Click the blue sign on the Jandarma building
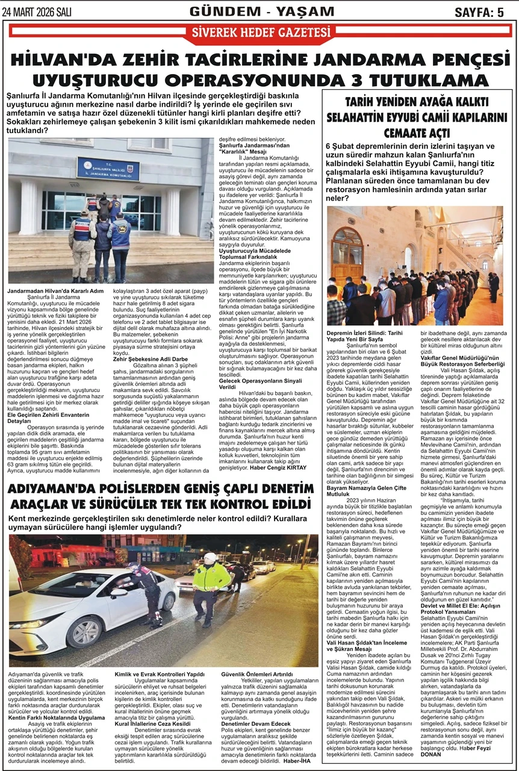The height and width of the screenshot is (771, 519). coord(108,169)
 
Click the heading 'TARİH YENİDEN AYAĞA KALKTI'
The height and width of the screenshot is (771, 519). coord(417,102)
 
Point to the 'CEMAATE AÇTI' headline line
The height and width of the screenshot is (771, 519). coord(417,133)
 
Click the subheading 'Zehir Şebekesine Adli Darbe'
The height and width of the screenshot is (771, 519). coord(146,359)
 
